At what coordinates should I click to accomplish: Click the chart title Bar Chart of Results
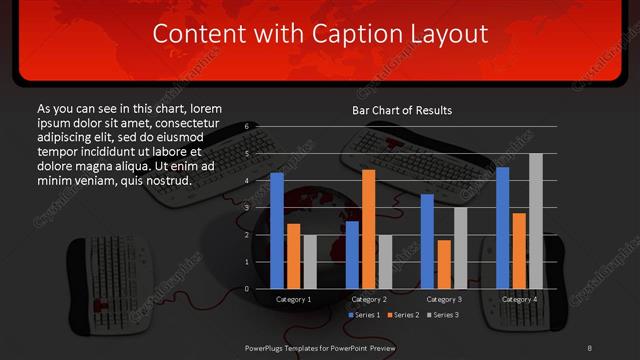[401, 109]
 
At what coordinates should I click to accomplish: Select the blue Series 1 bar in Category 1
[277, 230]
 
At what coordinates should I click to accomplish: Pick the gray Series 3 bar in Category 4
[535, 221]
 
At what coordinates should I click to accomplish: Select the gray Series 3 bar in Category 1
[309, 262]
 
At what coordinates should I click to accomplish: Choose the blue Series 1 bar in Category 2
[352, 255]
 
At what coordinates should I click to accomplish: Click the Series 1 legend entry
[362, 315]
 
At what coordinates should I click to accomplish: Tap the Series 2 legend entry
[402, 315]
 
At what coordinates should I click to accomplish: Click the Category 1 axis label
[294, 299]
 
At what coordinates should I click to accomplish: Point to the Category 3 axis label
[443, 299]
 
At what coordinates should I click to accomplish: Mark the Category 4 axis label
[518, 299]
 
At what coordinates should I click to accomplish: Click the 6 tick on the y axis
[247, 127]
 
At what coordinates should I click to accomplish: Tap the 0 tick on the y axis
[247, 289]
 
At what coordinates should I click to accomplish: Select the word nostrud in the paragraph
[166, 181]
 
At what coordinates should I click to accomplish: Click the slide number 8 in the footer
[590, 346]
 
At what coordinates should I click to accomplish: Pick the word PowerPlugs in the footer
[267, 346]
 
